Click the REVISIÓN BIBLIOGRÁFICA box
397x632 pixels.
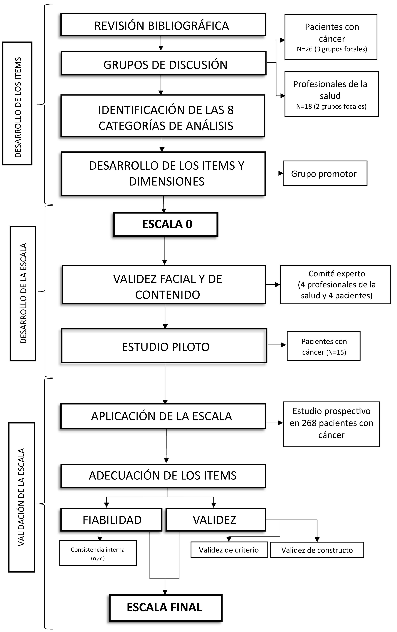pyautogui.click(x=163, y=25)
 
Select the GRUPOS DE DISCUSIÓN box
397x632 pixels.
pyautogui.click(x=164, y=63)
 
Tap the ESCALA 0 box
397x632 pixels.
pyautogui.click(x=166, y=224)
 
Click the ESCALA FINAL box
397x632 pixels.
pyautogui.click(x=165, y=607)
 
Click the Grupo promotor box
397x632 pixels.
pyautogui.click(x=325, y=174)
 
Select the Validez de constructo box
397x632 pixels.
pyautogui.click(x=317, y=550)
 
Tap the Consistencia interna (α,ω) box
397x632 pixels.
pyautogui.click(x=98, y=553)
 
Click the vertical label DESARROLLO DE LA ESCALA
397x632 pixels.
pyautogui.click(x=23, y=294)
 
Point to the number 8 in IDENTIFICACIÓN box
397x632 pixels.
pyautogui.click(x=230, y=110)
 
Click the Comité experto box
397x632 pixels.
pyautogui.click(x=335, y=285)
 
